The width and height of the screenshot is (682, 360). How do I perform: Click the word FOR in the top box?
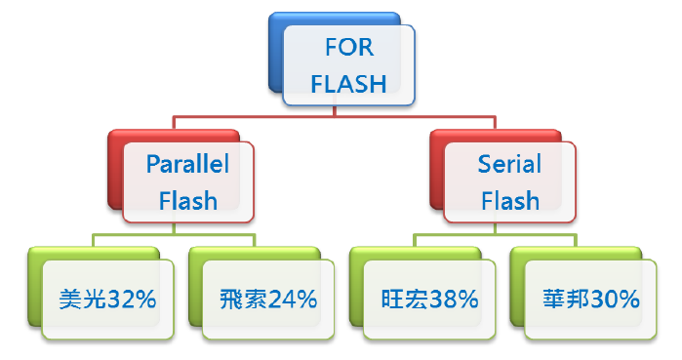348,49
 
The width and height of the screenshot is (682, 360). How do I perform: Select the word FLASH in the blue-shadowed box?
348,84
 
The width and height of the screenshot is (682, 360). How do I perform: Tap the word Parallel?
188,164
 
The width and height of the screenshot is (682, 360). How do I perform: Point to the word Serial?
509,164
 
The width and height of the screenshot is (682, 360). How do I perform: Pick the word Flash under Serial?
509,200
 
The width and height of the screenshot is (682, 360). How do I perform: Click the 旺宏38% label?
428,300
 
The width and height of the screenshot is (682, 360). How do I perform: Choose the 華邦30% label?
588,300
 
